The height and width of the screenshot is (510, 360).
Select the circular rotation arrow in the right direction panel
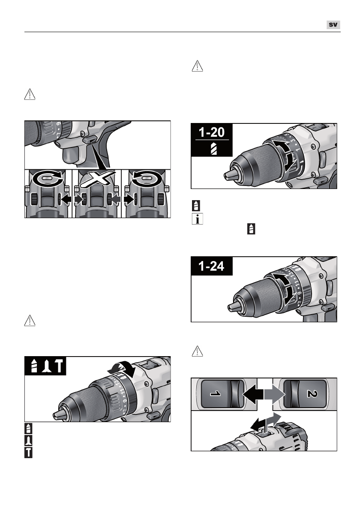146,179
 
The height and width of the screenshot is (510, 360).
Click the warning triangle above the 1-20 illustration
197,66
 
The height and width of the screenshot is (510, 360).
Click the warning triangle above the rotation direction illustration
29,95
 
